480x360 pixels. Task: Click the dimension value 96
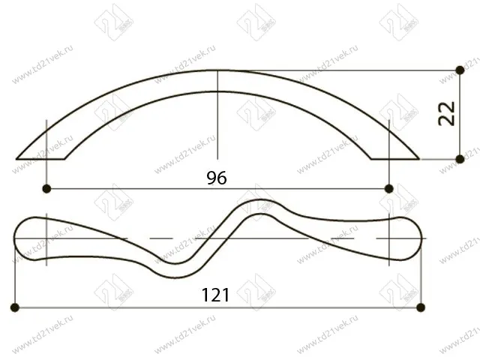tap(217, 177)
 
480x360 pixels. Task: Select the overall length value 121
tap(215, 295)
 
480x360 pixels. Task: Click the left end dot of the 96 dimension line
tap(47, 187)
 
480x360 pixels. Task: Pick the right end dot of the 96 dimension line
tap(388, 187)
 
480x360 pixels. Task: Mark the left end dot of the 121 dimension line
tap(15, 307)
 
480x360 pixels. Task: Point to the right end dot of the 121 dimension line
tap(421, 307)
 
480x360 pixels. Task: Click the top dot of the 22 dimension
tap(460, 70)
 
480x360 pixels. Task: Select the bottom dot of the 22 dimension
tap(460, 159)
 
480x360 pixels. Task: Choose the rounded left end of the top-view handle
tap(16, 238)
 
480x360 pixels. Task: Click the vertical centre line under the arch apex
tap(217, 120)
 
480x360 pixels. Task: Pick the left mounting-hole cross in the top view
tap(47, 238)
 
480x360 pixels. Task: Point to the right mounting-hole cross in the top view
tap(388, 238)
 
